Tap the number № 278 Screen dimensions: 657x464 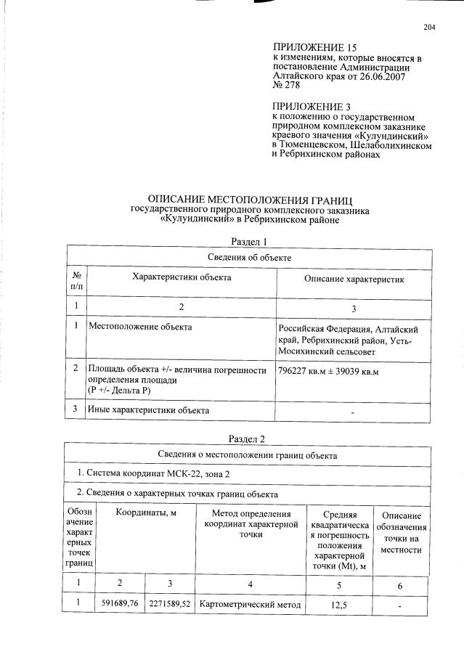[x=287, y=86]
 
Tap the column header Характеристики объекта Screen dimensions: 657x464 [x=182, y=277]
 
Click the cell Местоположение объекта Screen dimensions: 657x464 [x=140, y=327]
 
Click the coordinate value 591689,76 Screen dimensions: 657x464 [x=121, y=603]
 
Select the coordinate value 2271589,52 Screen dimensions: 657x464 [x=169, y=603]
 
